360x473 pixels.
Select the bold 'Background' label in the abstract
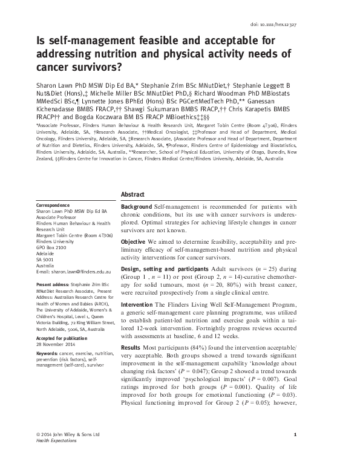tap(137, 207)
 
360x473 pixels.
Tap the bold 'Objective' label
tap(134, 241)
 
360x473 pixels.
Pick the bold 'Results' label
tap(132, 350)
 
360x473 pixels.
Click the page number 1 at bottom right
tap(293, 452)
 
